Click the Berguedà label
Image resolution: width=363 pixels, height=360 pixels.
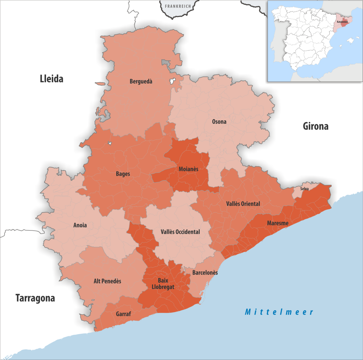[141, 81]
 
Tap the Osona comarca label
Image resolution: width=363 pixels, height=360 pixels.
[219, 122]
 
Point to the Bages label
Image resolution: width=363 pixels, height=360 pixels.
[123, 174]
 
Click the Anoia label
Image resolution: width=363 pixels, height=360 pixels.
[80, 225]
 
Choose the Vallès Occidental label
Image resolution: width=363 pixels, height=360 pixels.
[180, 232]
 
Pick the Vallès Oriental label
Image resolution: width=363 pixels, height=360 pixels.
[243, 204]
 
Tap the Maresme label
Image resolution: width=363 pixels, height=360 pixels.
[278, 223]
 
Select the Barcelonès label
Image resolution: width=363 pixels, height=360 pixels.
[205, 273]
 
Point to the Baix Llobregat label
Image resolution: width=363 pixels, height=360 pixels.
[163, 284]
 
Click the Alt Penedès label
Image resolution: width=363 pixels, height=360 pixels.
[107, 281]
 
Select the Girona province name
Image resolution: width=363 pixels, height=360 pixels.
[315, 126]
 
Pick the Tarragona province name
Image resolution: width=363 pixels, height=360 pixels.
[35, 298]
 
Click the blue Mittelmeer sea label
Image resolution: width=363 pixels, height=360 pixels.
[279, 312]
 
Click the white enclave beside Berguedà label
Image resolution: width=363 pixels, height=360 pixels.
[173, 81]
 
